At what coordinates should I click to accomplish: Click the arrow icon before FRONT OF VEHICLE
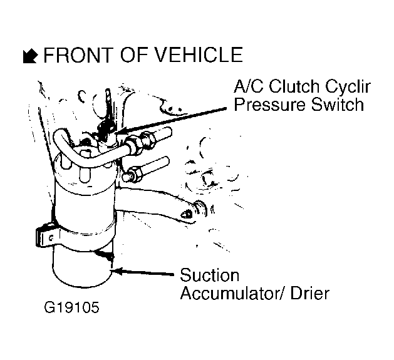pyautogui.click(x=28, y=56)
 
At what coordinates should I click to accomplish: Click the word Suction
pyautogui.click(x=210, y=275)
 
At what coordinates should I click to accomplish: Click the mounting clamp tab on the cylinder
pyautogui.click(x=42, y=237)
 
